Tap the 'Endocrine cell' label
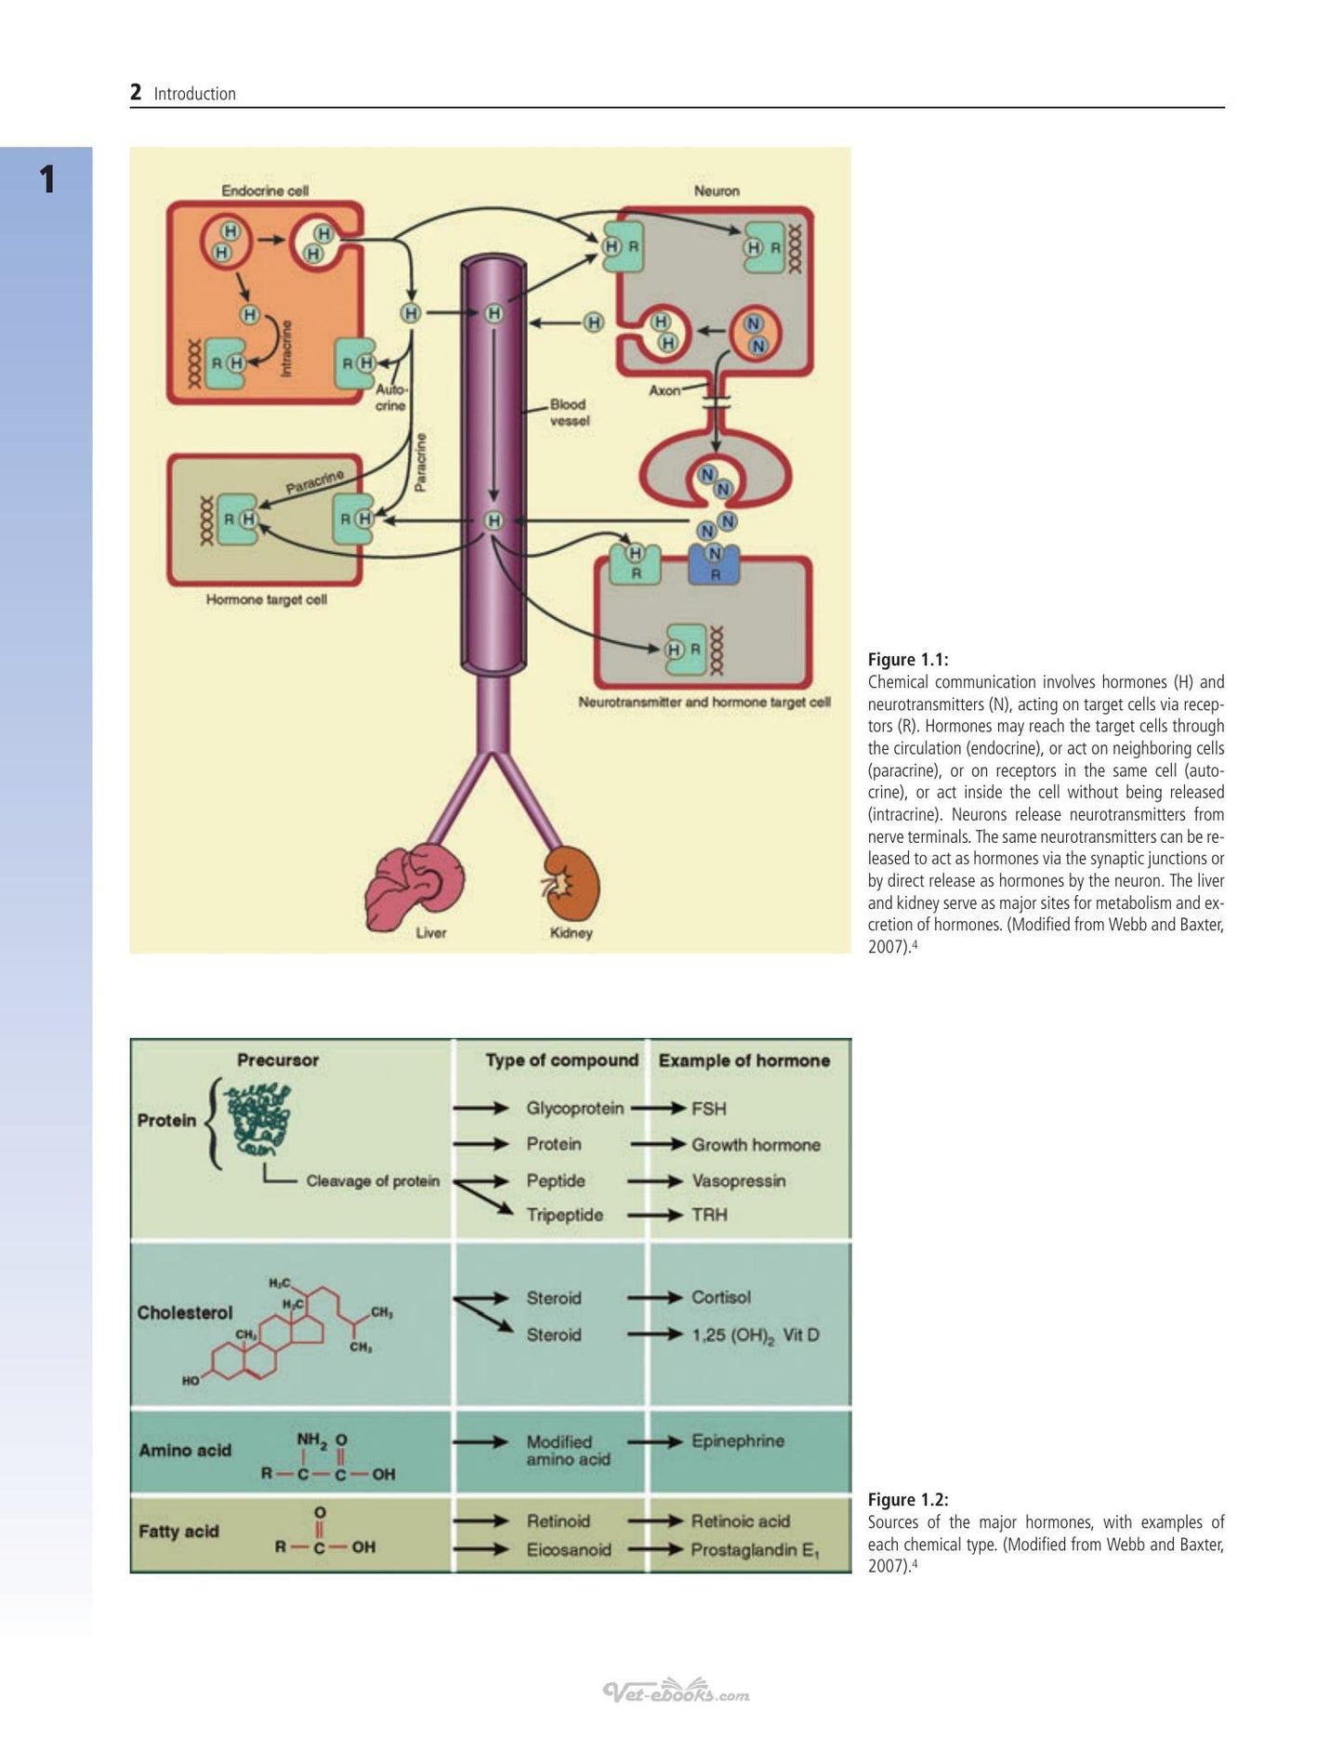click(265, 191)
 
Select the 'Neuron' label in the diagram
click(717, 191)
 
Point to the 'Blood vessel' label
click(570, 413)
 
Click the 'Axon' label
click(665, 390)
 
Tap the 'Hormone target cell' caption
click(267, 599)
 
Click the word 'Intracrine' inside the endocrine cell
click(286, 349)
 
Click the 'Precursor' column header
click(278, 1060)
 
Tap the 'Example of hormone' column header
click(744, 1060)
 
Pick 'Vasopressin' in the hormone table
click(739, 1181)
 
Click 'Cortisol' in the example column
click(721, 1297)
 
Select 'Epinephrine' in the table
click(738, 1441)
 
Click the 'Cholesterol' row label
click(185, 1313)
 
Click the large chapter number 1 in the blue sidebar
click(47, 179)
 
